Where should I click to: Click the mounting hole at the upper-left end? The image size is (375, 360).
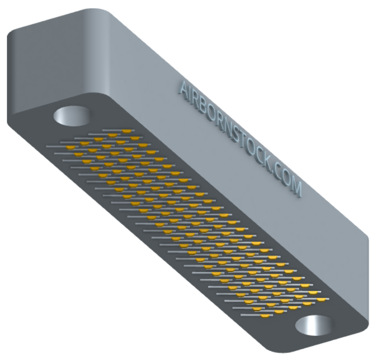click(72, 116)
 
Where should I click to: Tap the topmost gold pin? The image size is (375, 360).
click(127, 131)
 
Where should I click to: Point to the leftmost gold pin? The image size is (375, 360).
click(71, 147)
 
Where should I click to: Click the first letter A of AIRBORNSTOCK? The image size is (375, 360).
click(184, 88)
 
